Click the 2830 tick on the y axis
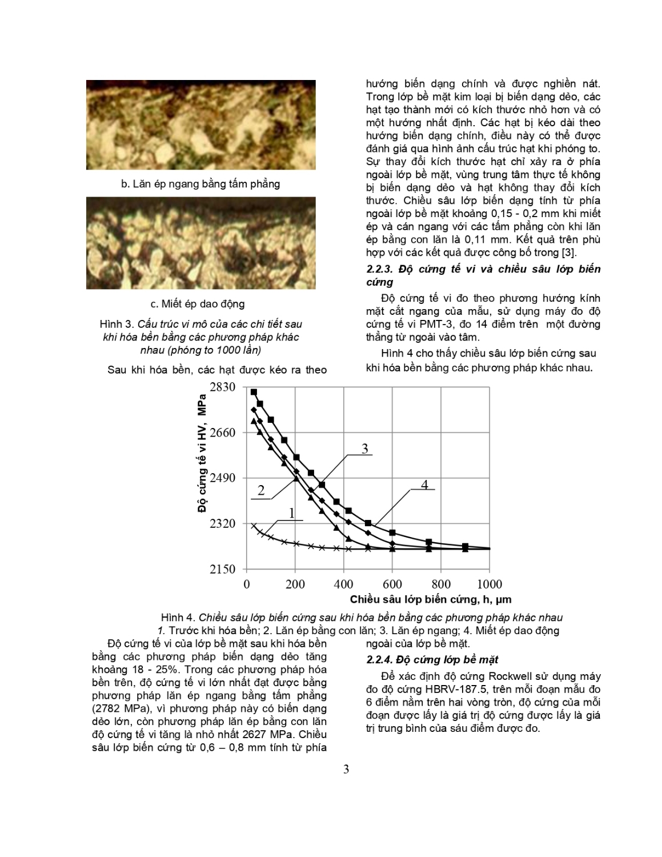[x=223, y=387]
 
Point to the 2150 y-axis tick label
[x=223, y=569]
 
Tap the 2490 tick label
[x=223, y=478]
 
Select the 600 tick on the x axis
[x=392, y=584]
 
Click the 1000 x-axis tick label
[x=489, y=584]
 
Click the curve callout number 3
[x=365, y=448]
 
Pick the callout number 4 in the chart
[x=424, y=484]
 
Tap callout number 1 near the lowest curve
[x=292, y=513]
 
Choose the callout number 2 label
[x=261, y=490]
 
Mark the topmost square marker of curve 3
[x=254, y=392]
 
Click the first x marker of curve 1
[x=254, y=525]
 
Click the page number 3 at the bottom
[x=346, y=769]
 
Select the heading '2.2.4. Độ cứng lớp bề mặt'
[x=432, y=660]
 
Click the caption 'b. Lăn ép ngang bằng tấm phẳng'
[x=200, y=184]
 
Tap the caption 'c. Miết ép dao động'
[x=198, y=303]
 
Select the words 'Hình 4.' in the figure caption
[x=178, y=618]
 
